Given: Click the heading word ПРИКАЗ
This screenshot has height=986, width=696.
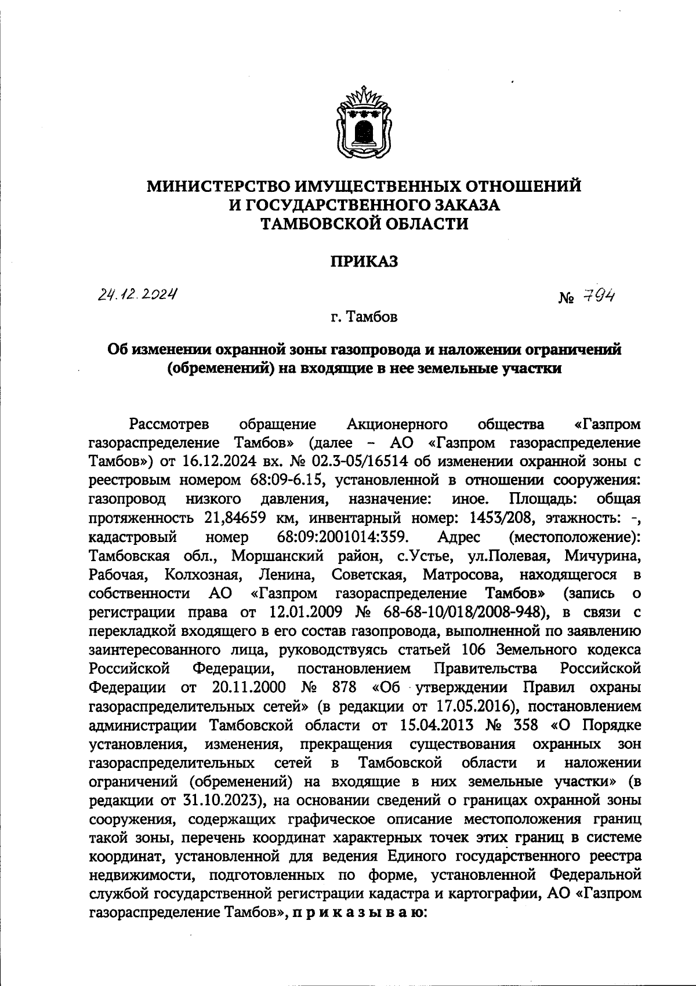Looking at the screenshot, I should tap(364, 262).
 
